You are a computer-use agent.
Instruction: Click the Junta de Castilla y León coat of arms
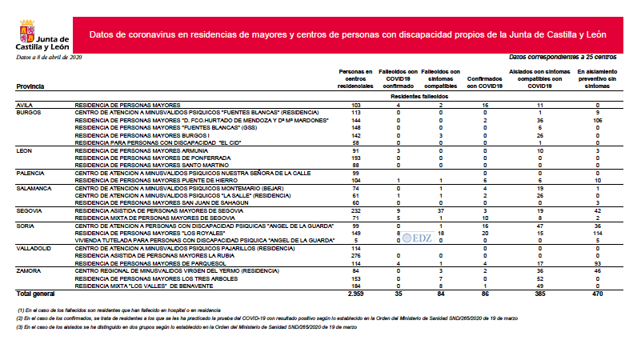25,36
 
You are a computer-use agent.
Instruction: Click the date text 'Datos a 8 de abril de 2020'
49,58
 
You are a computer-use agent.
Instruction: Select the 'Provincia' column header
30,86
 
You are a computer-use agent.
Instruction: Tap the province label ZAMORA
30,271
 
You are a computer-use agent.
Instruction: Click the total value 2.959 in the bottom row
355,294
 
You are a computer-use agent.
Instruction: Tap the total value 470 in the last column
597,294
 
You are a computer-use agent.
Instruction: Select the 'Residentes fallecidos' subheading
420,96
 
